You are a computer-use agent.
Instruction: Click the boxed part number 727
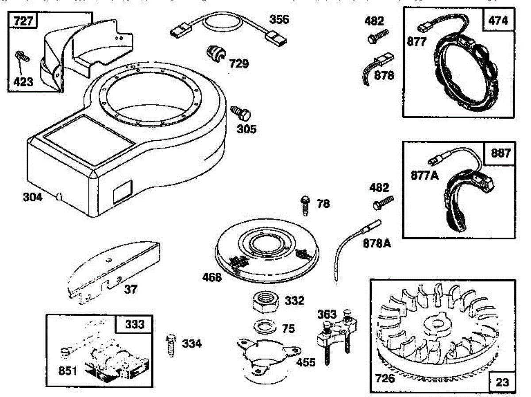(23, 22)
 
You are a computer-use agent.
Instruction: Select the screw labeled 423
(22, 56)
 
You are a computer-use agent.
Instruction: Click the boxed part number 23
(502, 381)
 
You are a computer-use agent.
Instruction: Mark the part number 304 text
(33, 197)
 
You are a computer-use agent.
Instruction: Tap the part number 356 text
(279, 19)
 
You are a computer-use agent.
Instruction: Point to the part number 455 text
(306, 362)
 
